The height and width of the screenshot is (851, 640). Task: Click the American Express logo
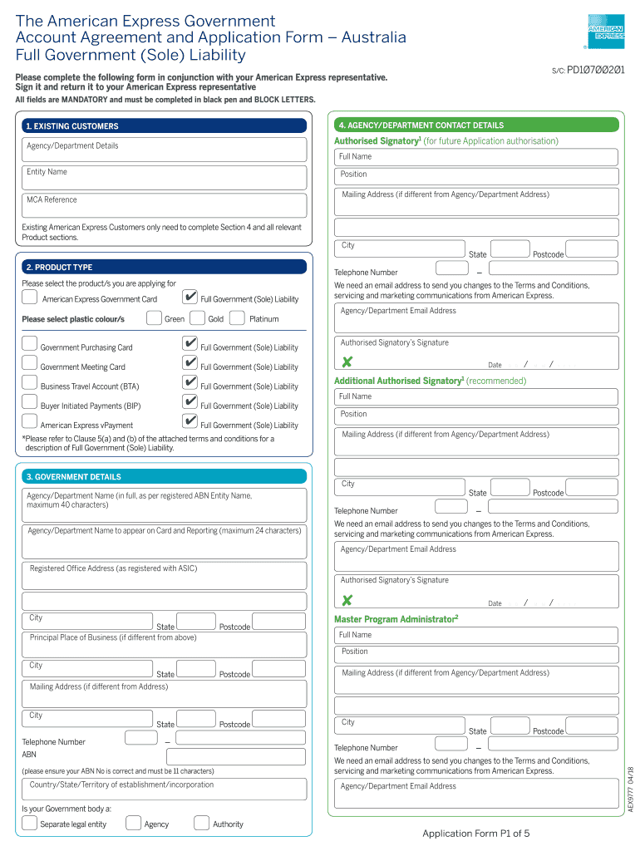(606, 32)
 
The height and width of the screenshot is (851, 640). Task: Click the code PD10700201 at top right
(596, 71)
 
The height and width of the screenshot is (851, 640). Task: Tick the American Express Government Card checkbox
(30, 298)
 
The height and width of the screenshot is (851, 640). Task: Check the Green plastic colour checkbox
(154, 317)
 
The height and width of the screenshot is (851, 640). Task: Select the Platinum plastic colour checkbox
(237, 317)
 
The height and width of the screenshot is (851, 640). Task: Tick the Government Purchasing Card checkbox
(30, 344)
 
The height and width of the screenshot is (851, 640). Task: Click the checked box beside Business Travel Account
(190, 382)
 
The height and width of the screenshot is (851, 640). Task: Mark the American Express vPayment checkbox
(30, 421)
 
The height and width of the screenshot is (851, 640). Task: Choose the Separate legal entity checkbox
(30, 823)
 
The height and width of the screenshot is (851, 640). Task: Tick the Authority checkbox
(201, 823)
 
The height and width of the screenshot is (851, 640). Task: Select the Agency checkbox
(133, 823)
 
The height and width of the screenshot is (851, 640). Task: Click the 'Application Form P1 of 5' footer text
(475, 834)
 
